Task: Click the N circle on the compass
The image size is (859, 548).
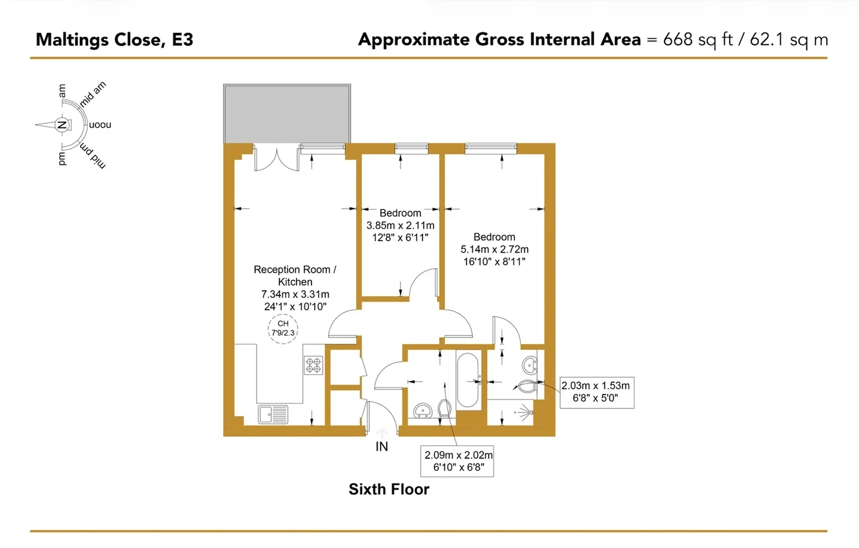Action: tap(61, 125)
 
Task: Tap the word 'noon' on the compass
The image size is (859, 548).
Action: tap(100, 125)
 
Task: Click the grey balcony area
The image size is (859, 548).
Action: tap(287, 114)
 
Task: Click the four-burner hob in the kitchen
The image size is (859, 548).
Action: tap(314, 365)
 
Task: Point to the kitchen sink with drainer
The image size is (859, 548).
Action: tap(273, 414)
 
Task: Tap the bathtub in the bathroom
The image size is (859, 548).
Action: tap(468, 380)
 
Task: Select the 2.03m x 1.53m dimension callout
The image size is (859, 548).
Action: tap(597, 392)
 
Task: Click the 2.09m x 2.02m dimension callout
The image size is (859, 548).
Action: tap(457, 461)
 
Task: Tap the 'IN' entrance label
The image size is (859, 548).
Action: tap(382, 447)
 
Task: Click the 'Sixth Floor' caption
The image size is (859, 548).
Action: tap(389, 489)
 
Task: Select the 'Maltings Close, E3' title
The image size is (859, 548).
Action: tap(115, 39)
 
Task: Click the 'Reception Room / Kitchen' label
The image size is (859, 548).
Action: tap(295, 276)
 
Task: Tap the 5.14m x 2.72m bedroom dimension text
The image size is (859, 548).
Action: tap(495, 250)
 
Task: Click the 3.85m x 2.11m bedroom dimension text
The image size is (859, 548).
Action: tap(400, 225)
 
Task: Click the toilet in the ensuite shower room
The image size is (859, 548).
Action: tap(527, 386)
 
